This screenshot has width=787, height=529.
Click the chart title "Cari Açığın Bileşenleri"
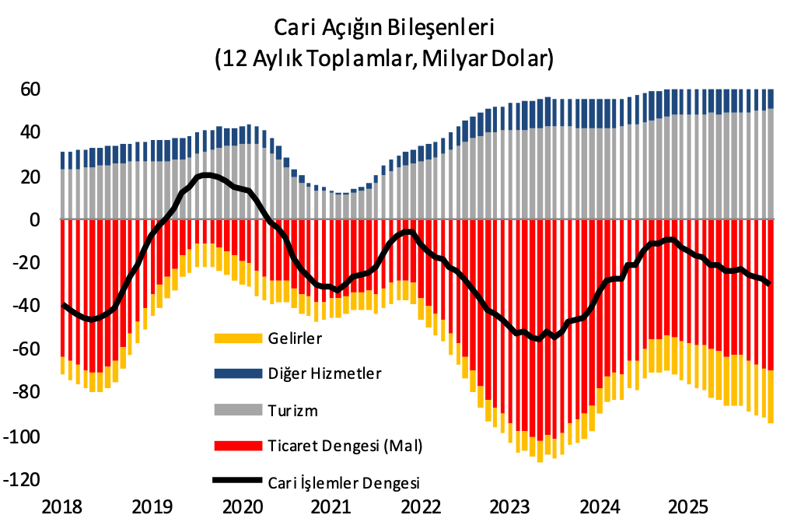pos(384,27)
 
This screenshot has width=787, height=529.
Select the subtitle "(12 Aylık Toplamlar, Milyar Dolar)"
pos(384,58)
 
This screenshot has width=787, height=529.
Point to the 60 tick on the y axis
pos(30,89)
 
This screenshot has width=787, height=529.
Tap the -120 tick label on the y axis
pos(23,480)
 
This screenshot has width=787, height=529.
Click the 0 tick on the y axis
pos(35,220)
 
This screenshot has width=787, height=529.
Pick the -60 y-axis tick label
pos(26,350)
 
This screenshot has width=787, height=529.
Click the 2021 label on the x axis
pos(331,507)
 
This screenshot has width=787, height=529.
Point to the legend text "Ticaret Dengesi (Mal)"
pos(344,446)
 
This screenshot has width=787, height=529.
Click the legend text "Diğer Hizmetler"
pos(324,373)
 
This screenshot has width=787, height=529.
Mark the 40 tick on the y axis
pos(30,132)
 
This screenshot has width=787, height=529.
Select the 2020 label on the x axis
pos(243,507)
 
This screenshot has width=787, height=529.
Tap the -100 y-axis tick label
pos(23,436)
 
